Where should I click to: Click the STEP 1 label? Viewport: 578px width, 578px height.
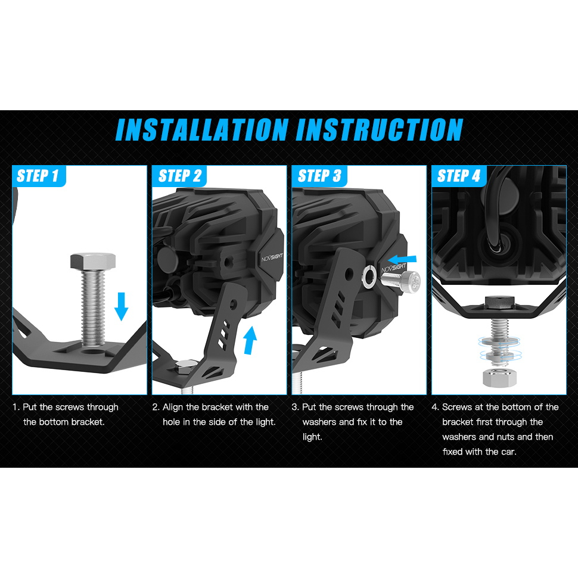pyautogui.click(x=38, y=175)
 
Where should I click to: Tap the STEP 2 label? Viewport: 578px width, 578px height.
pyautogui.click(x=180, y=175)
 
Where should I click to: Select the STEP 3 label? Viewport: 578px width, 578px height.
pyautogui.click(x=319, y=175)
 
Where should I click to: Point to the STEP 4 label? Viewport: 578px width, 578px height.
pyautogui.click(x=459, y=175)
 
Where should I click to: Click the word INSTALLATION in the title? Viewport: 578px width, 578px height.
pyautogui.click(x=202, y=130)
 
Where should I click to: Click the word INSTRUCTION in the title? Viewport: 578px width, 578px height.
pyautogui.click(x=380, y=130)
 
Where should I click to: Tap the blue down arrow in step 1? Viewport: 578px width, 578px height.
pyautogui.click(x=122, y=306)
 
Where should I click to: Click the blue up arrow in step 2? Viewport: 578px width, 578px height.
pyautogui.click(x=250, y=340)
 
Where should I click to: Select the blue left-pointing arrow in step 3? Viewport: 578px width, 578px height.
pyautogui.click(x=402, y=260)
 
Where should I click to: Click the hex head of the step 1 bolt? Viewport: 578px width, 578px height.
pyautogui.click(x=93, y=261)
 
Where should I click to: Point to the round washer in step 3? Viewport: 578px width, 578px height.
pyautogui.click(x=369, y=278)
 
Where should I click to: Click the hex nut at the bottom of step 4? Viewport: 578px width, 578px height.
pyautogui.click(x=499, y=377)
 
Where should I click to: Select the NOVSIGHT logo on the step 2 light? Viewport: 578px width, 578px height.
pyautogui.click(x=272, y=257)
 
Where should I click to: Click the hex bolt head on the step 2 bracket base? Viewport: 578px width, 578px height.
pyautogui.click(x=186, y=366)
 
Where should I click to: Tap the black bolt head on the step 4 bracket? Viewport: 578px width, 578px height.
pyautogui.click(x=499, y=302)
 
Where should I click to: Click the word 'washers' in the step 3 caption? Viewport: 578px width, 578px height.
pyautogui.click(x=319, y=422)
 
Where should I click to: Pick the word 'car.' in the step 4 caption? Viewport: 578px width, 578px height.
pyautogui.click(x=507, y=452)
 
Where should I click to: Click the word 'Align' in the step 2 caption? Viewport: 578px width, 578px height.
pyautogui.click(x=173, y=408)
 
